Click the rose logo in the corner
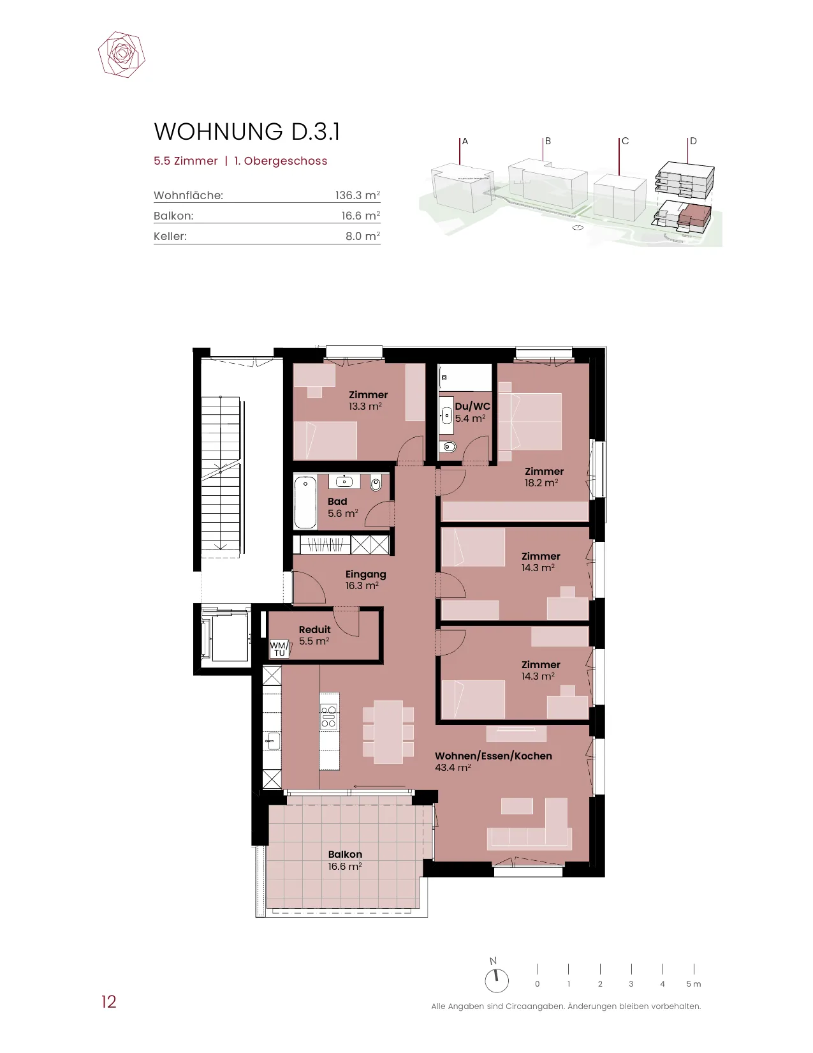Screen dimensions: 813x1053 coord(122,55)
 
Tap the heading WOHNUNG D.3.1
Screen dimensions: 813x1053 coord(247,131)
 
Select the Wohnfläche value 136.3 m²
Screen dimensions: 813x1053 coord(357,195)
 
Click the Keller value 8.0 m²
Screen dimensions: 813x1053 coord(363,236)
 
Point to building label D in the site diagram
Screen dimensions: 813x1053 coord(693,141)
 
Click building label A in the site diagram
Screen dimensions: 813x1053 coord(465,141)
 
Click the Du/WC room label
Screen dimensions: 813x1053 coord(472,406)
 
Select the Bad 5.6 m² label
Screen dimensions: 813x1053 coord(343,507)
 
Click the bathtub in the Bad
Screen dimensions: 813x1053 coord(305,502)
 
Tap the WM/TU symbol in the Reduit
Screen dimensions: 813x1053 coord(279,649)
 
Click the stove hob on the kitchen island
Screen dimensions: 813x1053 coord(329,717)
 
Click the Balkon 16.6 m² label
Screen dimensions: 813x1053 coord(345,860)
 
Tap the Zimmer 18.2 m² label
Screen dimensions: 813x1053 coord(544,477)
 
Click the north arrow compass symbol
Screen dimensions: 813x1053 coord(496,981)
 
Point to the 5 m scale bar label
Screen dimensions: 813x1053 coord(693,984)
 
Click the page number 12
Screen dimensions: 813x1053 coord(109,1002)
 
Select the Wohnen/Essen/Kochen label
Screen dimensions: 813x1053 coord(494,756)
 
